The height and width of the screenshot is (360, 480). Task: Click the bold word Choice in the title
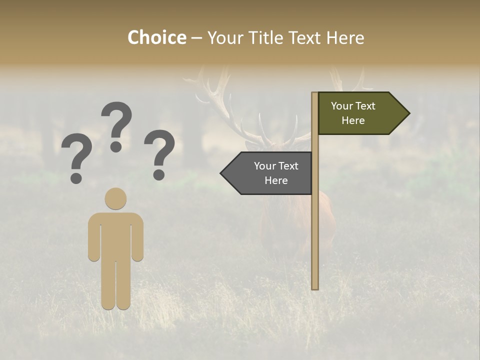point(156,38)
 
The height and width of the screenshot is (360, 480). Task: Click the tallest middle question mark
point(117,122)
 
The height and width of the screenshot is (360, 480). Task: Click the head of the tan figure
point(115,198)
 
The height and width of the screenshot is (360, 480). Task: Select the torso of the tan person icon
point(115,235)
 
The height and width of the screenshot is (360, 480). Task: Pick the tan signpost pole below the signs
point(315,240)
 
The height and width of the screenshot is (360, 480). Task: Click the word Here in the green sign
point(353,120)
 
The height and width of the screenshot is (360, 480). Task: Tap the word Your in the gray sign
point(265,166)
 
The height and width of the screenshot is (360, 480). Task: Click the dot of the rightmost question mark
point(159,175)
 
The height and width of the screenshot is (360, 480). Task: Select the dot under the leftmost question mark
point(76,178)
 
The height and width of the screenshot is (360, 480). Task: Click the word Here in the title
point(345,38)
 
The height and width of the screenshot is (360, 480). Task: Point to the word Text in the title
point(304,38)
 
